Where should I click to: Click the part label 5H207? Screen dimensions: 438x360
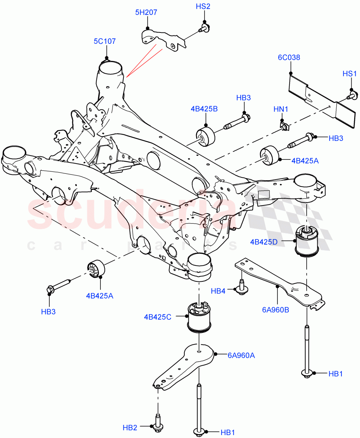click(146, 12)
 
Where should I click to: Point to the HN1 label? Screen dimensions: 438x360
click(281, 109)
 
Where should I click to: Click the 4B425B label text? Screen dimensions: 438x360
click(204, 108)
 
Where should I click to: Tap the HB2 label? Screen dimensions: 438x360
click(130, 427)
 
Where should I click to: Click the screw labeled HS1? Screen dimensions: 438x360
click(352, 96)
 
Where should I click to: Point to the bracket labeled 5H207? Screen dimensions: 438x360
click(162, 39)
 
